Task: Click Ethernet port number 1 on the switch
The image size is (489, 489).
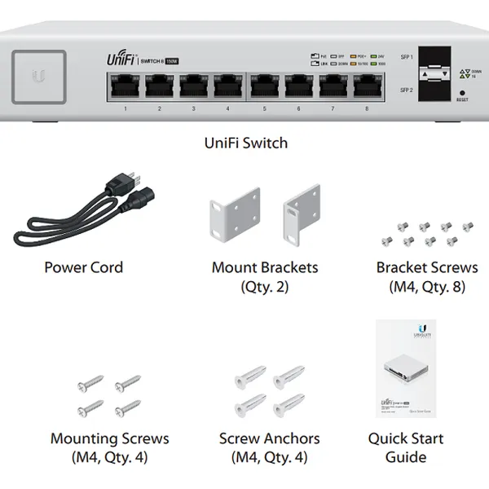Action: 126,86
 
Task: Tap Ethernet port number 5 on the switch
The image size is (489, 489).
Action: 265,86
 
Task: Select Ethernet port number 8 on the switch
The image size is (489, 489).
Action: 368,86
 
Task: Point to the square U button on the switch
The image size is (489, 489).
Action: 39,76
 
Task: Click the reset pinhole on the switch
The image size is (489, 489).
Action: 463,93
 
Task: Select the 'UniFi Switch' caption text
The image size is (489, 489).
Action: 245,143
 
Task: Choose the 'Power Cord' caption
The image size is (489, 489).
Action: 84,267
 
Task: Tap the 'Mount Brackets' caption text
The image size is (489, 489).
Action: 265,267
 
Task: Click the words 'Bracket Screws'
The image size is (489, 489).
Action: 427,267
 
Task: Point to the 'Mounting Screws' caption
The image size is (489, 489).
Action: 110,438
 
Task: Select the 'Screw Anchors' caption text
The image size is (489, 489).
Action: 269,438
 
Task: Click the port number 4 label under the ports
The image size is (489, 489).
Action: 227,108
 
